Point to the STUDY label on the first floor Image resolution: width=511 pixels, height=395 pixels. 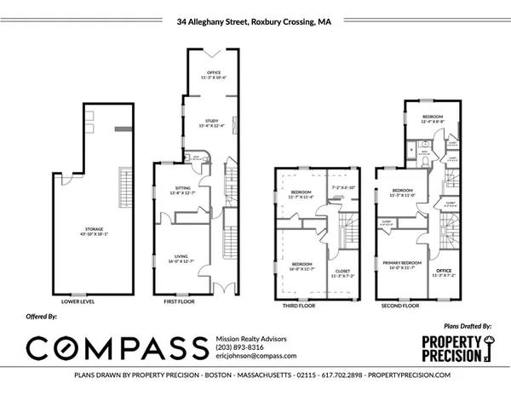pyautogui.click(x=208, y=123)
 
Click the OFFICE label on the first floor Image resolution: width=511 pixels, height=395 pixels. pyautogui.click(x=208, y=73)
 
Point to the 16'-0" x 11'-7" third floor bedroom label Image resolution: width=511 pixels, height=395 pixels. pyautogui.click(x=301, y=264)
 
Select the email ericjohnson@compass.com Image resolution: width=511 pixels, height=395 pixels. pyautogui.click(x=255, y=356)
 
